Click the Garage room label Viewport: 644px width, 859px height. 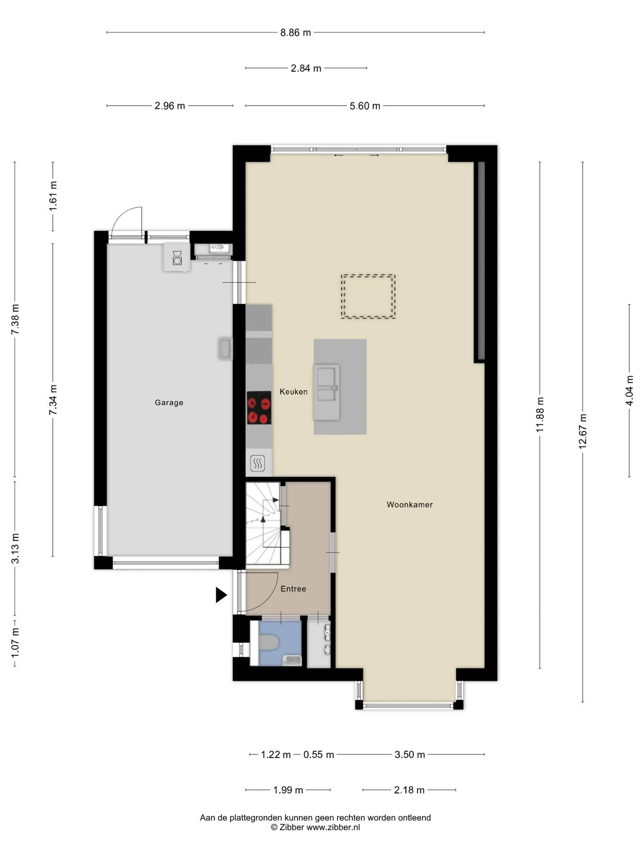coord(169,403)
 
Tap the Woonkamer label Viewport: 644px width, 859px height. coord(410,505)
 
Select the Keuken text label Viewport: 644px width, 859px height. coord(293,392)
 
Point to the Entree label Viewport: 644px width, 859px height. coord(293,589)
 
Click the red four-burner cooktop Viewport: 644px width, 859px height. coord(259,408)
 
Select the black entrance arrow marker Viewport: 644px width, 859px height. coord(221,595)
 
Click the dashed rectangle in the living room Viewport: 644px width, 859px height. coord(368,297)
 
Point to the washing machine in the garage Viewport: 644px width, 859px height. coord(177,258)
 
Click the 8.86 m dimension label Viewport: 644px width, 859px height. coord(296,33)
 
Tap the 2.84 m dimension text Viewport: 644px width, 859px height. coord(306,68)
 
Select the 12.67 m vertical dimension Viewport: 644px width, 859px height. coord(583,432)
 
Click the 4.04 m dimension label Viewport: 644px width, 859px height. coord(630,391)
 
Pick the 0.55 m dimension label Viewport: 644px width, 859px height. coord(319,755)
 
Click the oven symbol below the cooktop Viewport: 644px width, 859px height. coord(258,464)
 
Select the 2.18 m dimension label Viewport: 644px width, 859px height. coord(409,790)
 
